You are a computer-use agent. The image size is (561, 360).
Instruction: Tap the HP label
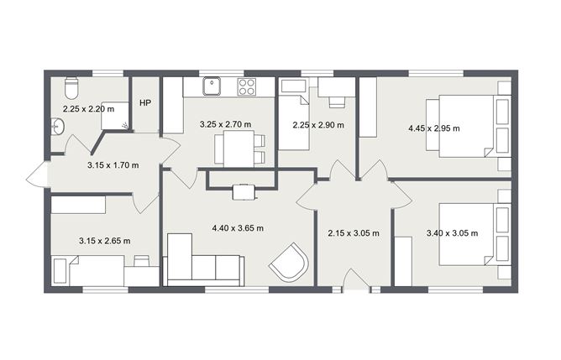point(144,103)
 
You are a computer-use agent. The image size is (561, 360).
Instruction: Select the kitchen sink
point(214,83)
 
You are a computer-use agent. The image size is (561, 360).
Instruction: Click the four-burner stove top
point(247,85)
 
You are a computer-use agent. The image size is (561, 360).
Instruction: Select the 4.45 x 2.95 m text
point(434,128)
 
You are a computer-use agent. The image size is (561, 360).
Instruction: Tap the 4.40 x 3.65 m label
point(237,227)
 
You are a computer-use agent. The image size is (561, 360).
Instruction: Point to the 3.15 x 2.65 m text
point(104,241)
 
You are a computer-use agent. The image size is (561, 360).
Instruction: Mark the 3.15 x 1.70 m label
point(113,165)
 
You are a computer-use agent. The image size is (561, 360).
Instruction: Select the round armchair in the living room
point(288,263)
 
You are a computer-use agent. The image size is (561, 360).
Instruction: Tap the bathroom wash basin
point(57,128)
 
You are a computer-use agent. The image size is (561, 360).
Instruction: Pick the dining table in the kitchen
point(234,149)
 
